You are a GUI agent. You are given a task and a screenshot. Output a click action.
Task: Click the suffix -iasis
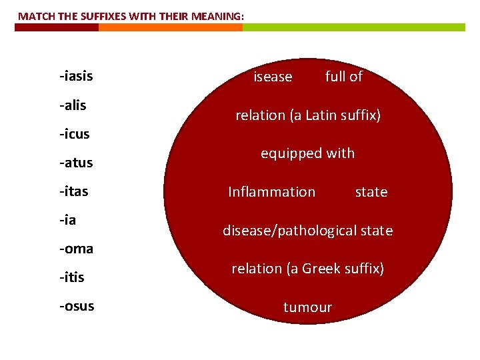(x=76, y=77)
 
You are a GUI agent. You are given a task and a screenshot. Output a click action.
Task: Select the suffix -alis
(x=73, y=105)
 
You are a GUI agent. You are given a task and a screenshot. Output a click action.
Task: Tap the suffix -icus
(x=74, y=134)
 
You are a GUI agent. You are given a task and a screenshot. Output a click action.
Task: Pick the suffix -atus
(x=76, y=163)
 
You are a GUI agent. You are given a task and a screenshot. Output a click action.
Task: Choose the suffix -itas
(x=74, y=191)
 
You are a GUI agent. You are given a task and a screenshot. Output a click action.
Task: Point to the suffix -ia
(x=67, y=220)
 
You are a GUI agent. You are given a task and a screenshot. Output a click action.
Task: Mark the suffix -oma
(x=76, y=249)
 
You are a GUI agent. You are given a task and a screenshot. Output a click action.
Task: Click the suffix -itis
(x=72, y=277)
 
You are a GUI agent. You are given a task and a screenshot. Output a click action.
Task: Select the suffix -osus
(x=77, y=306)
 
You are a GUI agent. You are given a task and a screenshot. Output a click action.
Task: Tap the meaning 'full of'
(x=343, y=77)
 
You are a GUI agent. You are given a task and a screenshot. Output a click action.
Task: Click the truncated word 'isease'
(x=273, y=77)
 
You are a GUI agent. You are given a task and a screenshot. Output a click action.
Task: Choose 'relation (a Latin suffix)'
(x=307, y=115)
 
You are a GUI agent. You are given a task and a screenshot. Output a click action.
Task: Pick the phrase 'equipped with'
(x=307, y=154)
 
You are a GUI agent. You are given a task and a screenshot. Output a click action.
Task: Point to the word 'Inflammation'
(x=271, y=192)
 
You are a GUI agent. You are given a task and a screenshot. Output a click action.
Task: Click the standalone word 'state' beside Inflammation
(x=371, y=192)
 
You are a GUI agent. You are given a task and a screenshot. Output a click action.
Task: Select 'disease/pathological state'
(x=307, y=231)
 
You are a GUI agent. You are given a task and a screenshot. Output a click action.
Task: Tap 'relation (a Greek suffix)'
(x=307, y=269)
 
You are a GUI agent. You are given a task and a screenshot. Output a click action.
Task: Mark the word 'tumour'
(x=307, y=307)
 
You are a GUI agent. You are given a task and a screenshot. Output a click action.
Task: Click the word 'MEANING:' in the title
(x=221, y=15)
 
